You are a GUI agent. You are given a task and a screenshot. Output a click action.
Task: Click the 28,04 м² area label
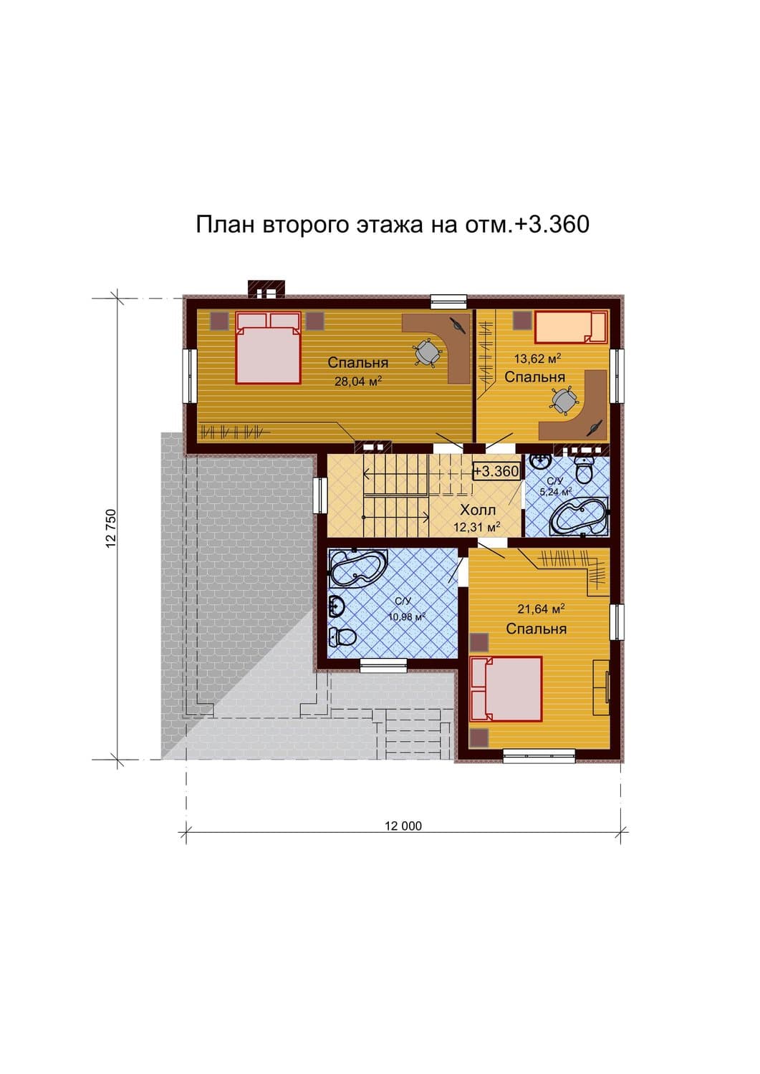358,382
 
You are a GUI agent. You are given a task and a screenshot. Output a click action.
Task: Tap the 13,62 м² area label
538,358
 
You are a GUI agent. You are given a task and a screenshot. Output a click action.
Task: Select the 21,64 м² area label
541,609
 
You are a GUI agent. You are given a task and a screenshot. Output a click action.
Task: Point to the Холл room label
477,510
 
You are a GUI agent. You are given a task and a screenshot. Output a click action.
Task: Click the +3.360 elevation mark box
496,471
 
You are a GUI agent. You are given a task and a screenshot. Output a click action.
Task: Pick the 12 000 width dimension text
403,826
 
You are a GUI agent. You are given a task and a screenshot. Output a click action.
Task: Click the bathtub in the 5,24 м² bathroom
579,516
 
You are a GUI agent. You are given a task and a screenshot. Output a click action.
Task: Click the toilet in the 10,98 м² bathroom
342,637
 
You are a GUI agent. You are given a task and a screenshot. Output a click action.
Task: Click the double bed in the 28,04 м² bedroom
268,347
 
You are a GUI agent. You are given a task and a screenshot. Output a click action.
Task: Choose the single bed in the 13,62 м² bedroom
571,327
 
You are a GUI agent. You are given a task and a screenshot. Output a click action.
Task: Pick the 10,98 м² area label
407,616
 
